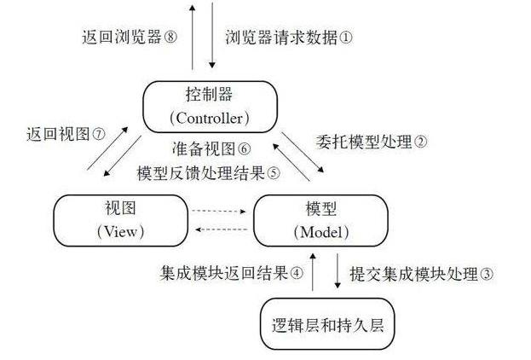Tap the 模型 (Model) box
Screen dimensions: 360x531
tap(315, 218)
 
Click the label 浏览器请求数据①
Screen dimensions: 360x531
tap(289, 38)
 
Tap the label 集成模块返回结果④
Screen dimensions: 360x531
tap(231, 274)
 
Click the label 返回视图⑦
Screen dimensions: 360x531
tap(65, 134)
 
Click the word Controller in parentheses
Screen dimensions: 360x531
tap(209, 116)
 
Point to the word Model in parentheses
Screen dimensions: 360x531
tap(315, 231)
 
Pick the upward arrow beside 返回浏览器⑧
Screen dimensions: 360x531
tap(193, 36)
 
